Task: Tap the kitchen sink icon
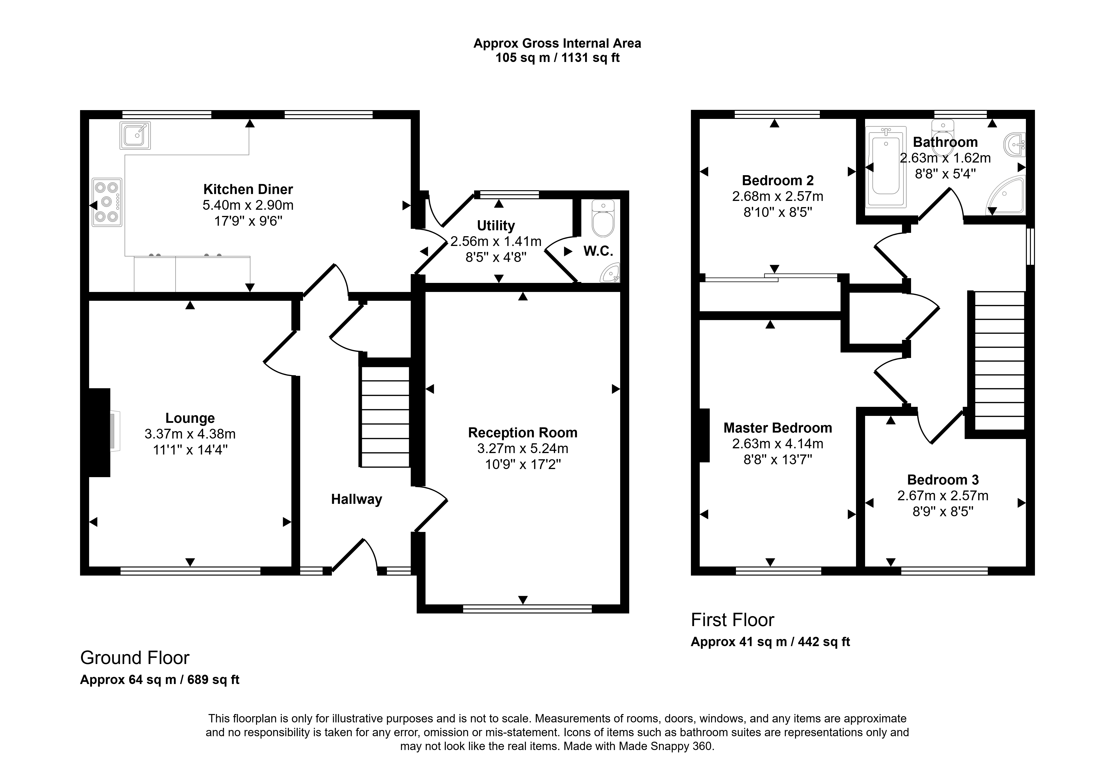pyautogui.click(x=135, y=135)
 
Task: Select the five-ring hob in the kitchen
pyautogui.click(x=107, y=202)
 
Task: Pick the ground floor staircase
pyautogui.click(x=385, y=416)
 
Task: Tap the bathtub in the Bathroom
pyautogui.click(x=886, y=167)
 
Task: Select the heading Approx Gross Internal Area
pyautogui.click(x=557, y=43)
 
